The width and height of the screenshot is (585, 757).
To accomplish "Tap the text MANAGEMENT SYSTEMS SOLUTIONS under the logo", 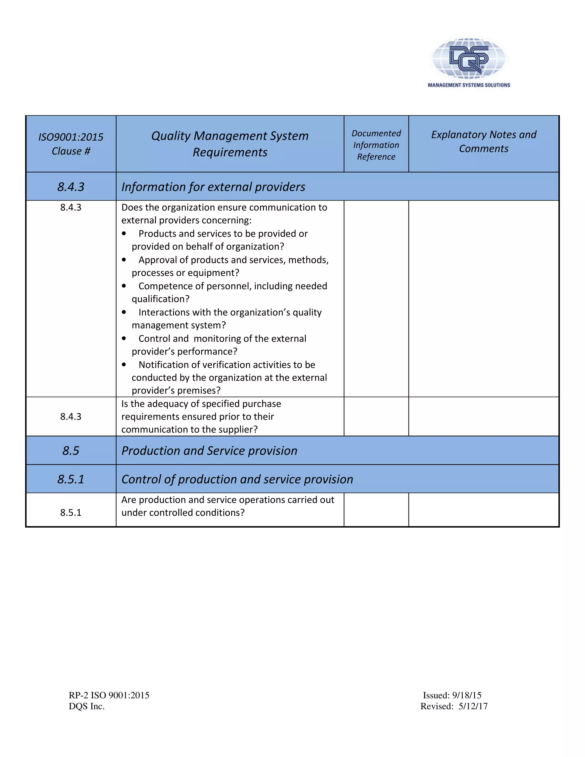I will pos(468,85).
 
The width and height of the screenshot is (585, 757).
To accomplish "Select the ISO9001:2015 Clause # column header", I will pos(71,144).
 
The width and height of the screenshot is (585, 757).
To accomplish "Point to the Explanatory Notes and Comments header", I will pos(484,141).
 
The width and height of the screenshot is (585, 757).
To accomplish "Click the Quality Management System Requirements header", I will pos(230,144).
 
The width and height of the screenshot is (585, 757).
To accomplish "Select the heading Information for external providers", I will pos(213,187).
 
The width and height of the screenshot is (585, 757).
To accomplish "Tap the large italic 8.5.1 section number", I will pos(71,479).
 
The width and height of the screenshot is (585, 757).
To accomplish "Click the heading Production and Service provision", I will pos(209,450).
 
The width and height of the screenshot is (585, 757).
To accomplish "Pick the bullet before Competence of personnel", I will pos(124,286).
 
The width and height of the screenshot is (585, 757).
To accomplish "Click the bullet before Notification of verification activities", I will pos(124,365).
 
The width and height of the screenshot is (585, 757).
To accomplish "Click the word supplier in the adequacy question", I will pos(237,429).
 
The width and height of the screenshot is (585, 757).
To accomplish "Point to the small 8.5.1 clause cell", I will pos(71,513).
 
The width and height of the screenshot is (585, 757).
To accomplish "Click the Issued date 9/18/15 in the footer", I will pos(466,695).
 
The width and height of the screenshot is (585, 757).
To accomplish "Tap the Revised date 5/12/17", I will pos(473,706).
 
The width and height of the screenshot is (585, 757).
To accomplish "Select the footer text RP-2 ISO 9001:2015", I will pos(109,695).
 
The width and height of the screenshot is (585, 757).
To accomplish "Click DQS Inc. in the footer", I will pos(87,706).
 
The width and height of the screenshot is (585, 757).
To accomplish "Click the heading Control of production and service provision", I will pos(237,479).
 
